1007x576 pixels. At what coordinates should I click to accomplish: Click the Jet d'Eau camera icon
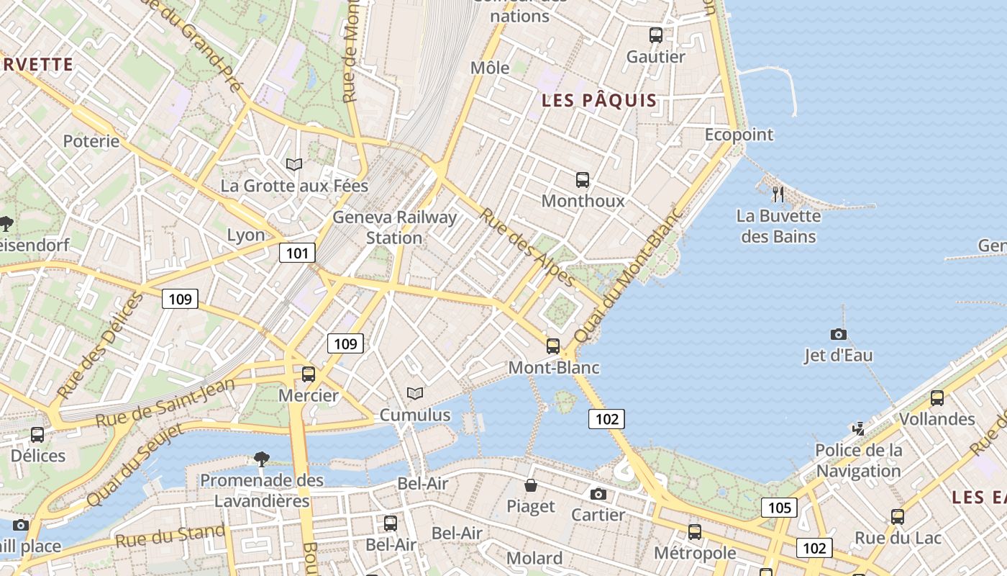pos(838,334)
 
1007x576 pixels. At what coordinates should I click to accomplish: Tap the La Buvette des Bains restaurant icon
pos(778,194)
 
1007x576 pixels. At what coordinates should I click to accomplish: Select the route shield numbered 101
pos(297,253)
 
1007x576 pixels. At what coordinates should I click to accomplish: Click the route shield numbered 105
pos(779,508)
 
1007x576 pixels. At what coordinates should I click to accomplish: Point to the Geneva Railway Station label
pos(394,228)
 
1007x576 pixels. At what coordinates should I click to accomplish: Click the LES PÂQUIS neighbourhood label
pos(599,101)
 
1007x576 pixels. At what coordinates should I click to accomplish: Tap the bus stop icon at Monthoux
pos(583,179)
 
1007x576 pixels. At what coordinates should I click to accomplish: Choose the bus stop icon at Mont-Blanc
pos(552,346)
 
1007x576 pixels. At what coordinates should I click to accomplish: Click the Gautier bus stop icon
pos(655,35)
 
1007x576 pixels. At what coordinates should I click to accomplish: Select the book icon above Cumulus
pos(414,393)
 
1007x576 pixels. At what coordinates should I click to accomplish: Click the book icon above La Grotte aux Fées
pos(293,164)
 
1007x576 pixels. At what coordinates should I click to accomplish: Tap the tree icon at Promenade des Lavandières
pos(262,459)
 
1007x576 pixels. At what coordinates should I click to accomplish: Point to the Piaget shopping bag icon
pos(531,485)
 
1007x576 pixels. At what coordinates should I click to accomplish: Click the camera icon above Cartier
pos(598,494)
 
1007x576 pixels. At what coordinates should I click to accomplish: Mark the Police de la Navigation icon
pos(858,429)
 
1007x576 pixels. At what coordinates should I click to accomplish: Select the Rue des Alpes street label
pos(527,247)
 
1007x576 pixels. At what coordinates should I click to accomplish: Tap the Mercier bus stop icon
pos(309,374)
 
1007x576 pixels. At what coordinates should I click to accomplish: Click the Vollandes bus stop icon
pos(937,397)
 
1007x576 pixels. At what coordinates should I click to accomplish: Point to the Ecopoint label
pos(739,135)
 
